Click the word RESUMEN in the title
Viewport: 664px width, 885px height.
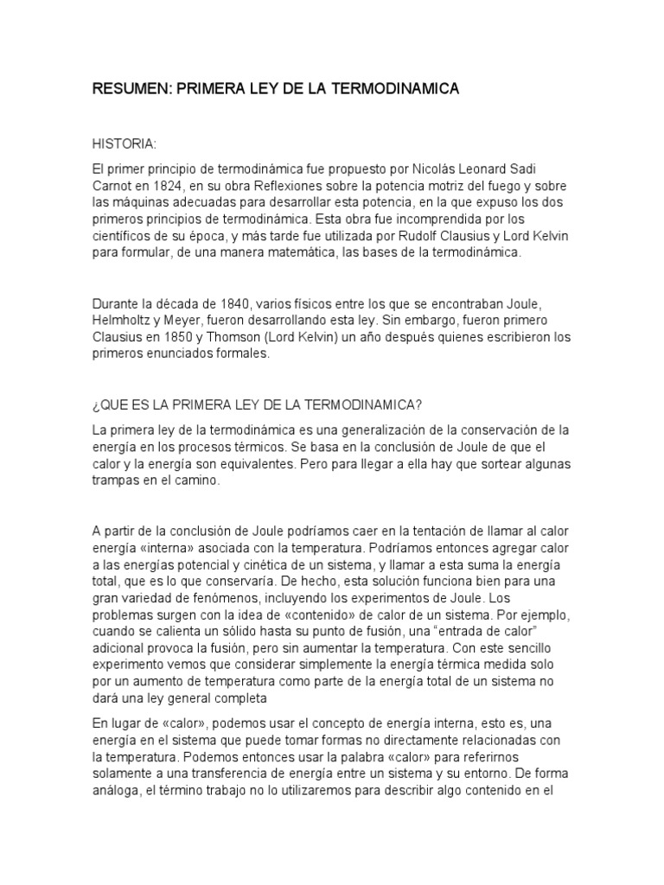tap(131, 89)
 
